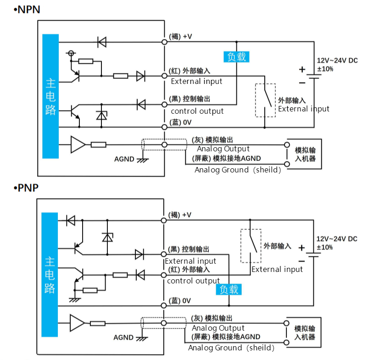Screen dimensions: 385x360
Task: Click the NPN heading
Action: click(x=27, y=10)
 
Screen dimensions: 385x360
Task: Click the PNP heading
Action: click(x=26, y=188)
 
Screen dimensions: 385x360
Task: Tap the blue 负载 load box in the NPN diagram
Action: click(x=236, y=57)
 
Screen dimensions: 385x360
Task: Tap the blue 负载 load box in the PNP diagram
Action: click(x=229, y=289)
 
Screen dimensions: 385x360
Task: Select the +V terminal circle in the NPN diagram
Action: click(x=165, y=42)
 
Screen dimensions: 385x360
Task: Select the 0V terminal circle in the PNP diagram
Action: click(x=164, y=305)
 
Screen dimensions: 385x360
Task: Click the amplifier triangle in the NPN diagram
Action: click(x=78, y=144)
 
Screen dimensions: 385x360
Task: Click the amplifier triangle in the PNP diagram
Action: click(x=77, y=323)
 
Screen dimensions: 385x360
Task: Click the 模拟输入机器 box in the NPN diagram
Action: click(x=321, y=154)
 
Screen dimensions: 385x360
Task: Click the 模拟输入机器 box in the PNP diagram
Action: click(x=321, y=332)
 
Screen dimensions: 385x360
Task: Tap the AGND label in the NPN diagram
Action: click(x=124, y=159)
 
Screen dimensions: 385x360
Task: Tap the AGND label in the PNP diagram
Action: click(x=123, y=338)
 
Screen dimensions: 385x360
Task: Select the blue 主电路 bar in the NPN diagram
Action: click(x=50, y=96)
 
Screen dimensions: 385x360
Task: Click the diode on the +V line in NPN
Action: click(x=102, y=42)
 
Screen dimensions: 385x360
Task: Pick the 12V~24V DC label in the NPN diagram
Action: click(x=337, y=61)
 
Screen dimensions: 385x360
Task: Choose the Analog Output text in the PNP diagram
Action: click(x=218, y=328)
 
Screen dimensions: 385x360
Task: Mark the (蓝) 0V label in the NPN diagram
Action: click(x=180, y=122)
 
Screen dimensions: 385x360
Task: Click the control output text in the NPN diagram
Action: click(x=197, y=111)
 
